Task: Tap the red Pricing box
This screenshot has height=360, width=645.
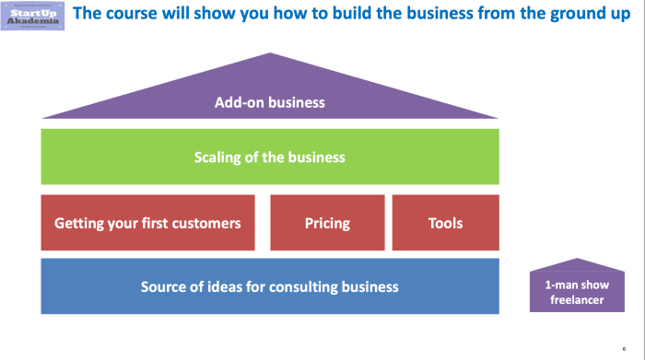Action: click(327, 223)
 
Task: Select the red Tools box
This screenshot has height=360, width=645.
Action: click(446, 223)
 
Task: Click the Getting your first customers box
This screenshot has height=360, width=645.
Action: click(147, 223)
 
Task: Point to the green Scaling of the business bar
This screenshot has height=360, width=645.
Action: click(270, 157)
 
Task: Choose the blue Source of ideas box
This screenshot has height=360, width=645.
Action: click(270, 286)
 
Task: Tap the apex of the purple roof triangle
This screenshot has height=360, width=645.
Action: click(270, 56)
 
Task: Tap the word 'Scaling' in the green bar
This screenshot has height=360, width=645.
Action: click(219, 157)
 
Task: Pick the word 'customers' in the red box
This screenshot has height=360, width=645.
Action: click(204, 223)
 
